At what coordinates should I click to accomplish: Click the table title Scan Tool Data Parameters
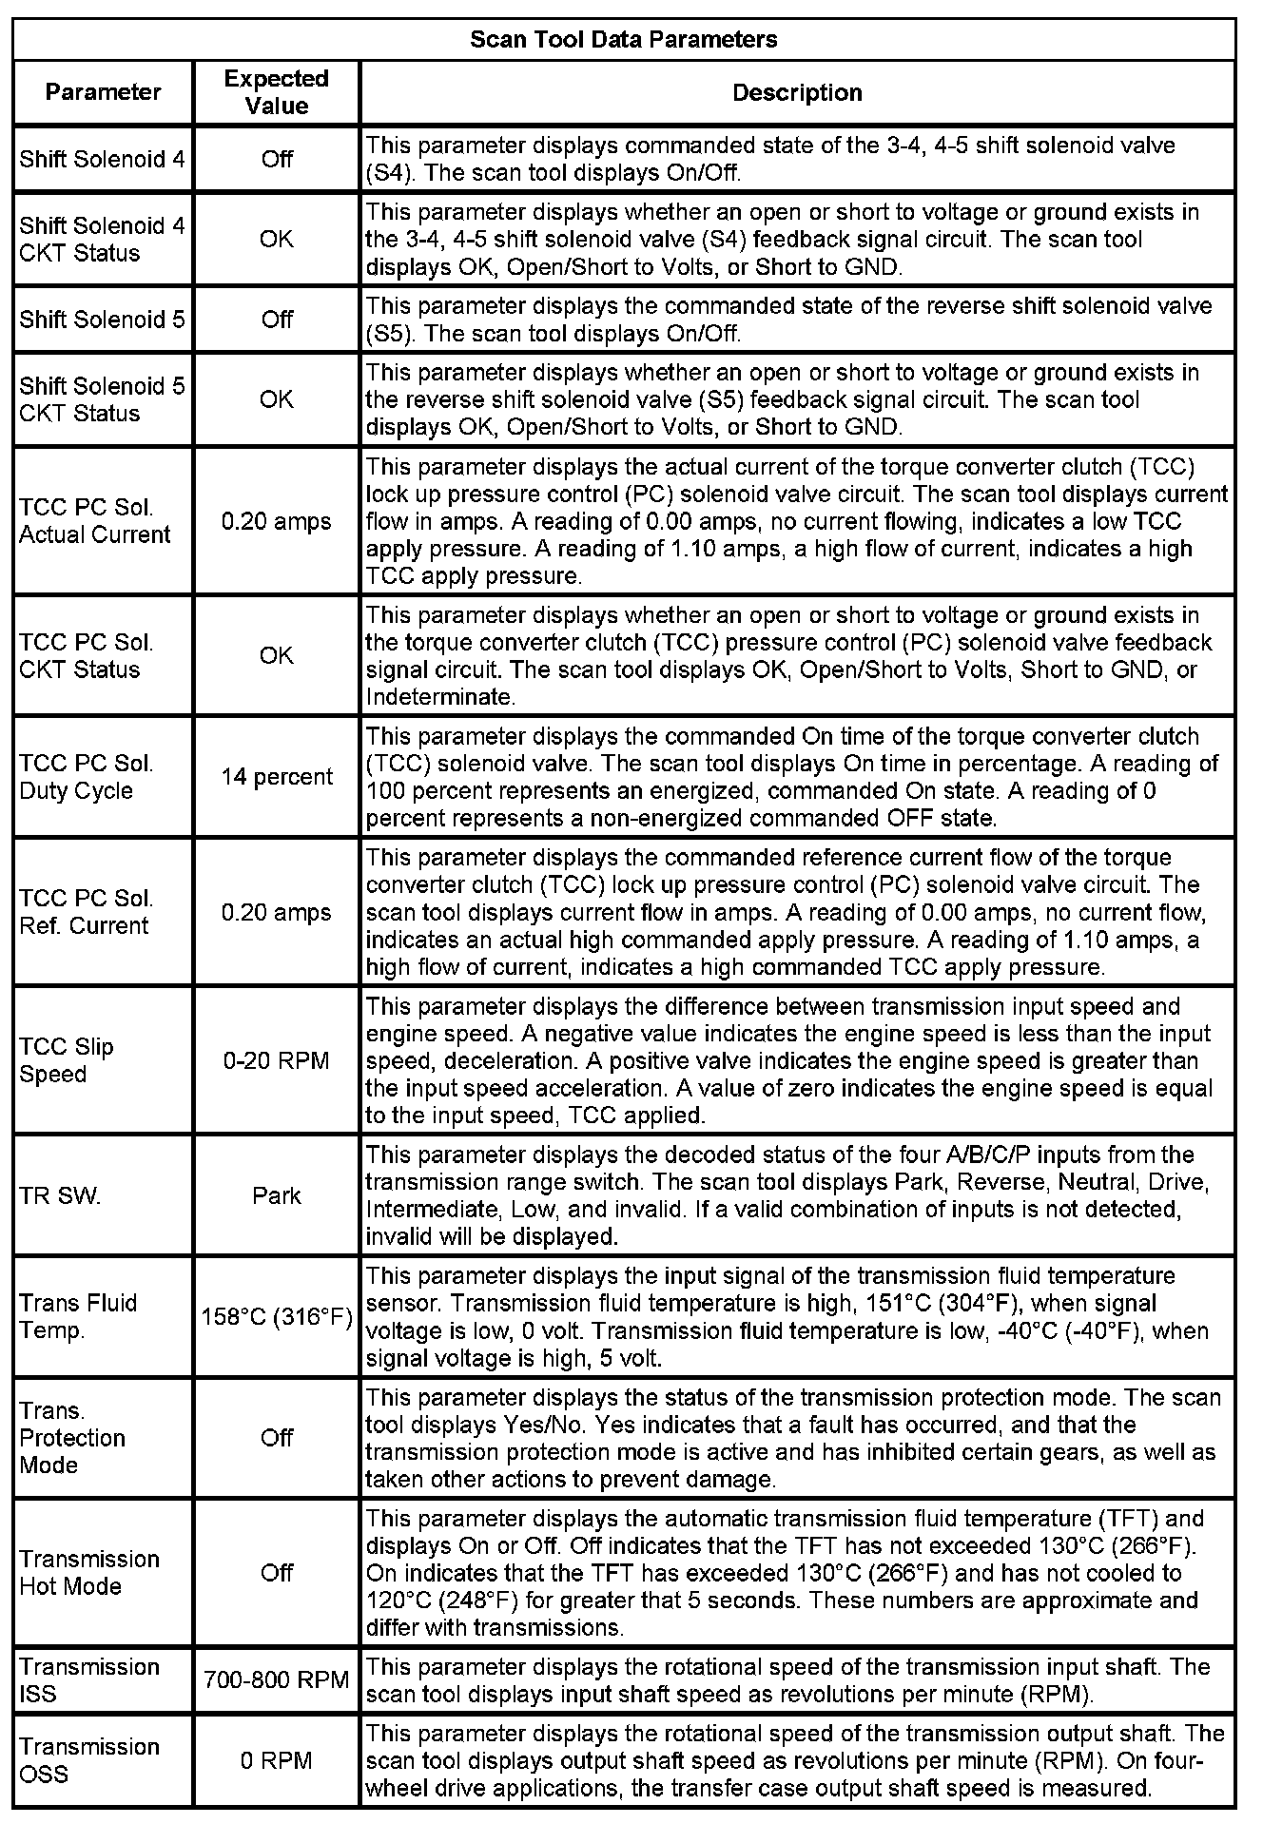point(624,39)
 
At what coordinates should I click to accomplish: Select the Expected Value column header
point(276,92)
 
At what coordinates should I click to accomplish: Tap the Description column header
point(797,92)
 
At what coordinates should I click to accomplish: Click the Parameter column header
point(103,92)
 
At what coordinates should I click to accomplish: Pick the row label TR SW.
point(60,1195)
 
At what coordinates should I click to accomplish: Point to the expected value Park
point(276,1195)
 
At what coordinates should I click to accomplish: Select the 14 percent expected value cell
point(277,777)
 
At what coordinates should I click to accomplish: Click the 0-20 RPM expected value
point(276,1060)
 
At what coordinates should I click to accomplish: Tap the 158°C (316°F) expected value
point(277,1317)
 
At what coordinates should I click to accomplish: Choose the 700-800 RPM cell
point(277,1679)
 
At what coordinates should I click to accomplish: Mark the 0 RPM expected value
point(276,1760)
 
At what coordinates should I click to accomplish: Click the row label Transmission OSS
point(89,1760)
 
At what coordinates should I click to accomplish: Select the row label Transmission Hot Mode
point(89,1572)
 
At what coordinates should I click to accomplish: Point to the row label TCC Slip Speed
point(67,1060)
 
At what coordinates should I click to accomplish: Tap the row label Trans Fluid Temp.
point(78,1317)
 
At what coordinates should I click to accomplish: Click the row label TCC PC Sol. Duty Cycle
point(86,777)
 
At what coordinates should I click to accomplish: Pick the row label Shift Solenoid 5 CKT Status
point(102,399)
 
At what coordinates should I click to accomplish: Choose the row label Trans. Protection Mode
point(72,1438)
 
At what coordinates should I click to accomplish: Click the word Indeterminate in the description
point(438,697)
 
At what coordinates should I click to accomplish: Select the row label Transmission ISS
point(89,1679)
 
